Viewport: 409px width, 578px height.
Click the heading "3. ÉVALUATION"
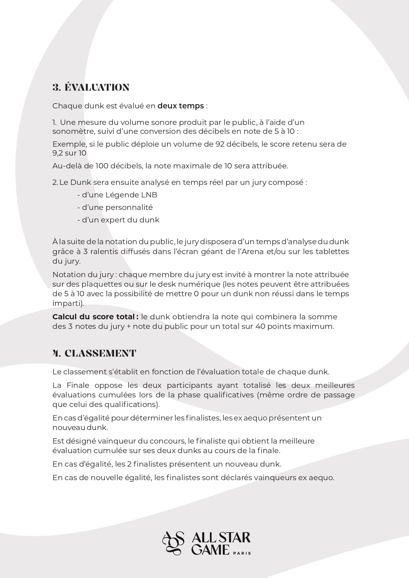coord(91,87)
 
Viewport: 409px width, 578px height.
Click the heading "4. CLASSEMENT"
coord(94,353)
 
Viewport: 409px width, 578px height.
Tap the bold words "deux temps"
coord(181,106)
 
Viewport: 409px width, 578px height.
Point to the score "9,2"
coord(57,153)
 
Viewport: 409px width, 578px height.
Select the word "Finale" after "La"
coord(78,385)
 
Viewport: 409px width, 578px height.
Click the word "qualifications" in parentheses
coord(131,404)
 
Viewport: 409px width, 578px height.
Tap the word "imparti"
coord(67,303)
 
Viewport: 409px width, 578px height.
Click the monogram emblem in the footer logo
coord(173,543)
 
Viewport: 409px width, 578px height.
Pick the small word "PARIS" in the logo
coord(242,553)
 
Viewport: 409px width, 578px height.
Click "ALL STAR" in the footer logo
coord(221,538)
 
